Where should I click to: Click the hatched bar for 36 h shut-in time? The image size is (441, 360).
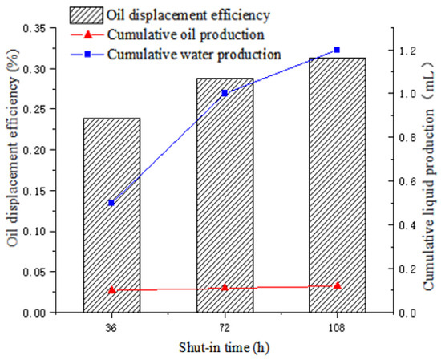tap(111, 216)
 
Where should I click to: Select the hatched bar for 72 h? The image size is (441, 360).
tap(225, 196)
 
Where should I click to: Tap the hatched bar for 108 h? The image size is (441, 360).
tap(338, 185)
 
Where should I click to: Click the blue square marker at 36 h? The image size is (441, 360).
tap(111, 203)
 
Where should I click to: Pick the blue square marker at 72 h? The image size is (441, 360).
tap(225, 93)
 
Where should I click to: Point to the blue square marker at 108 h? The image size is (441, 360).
tap(337, 50)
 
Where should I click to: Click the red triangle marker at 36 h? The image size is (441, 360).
tap(111, 290)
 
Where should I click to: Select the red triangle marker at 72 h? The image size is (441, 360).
tap(225, 287)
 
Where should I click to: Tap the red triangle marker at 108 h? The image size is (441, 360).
tap(338, 285)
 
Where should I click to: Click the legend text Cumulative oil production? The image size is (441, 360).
tap(186, 34)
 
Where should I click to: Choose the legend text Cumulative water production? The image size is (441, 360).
tap(194, 54)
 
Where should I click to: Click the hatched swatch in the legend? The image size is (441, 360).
tap(87, 15)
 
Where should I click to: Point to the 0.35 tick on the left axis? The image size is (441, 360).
tap(54, 28)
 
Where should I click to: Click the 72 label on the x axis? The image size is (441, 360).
tap(225, 329)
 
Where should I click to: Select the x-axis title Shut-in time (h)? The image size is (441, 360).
tap(225, 347)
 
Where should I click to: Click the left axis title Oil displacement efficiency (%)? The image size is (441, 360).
tap(13, 148)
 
